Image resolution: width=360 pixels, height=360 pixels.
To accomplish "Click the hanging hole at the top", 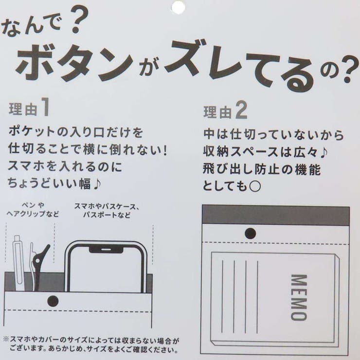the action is [x=178, y=7].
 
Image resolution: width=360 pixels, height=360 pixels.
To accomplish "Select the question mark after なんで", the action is [x=78, y=20].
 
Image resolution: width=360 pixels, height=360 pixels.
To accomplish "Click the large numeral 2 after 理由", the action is [x=241, y=110].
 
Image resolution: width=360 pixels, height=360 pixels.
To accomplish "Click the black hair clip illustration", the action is [x=39, y=266].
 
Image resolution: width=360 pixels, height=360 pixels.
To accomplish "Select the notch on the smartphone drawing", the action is [x=106, y=249].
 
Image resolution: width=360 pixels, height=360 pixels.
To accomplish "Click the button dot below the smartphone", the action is [x=53, y=301].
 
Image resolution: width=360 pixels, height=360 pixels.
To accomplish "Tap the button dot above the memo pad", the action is [x=250, y=234].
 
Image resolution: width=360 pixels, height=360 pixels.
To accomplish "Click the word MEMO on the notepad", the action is [x=299, y=298].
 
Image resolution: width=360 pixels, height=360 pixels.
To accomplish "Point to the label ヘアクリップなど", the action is [x=33, y=214].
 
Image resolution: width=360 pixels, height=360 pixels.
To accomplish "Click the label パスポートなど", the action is [x=107, y=215].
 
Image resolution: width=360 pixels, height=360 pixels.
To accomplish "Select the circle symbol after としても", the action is [x=255, y=187].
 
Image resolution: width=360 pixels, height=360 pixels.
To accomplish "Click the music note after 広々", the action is [x=323, y=152].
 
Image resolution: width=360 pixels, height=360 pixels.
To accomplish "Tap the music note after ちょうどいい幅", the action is [x=97, y=184].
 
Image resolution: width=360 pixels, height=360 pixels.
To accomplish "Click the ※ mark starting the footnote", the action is [x=7, y=340].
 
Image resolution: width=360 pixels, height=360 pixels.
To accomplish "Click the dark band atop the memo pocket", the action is [x=276, y=216].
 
